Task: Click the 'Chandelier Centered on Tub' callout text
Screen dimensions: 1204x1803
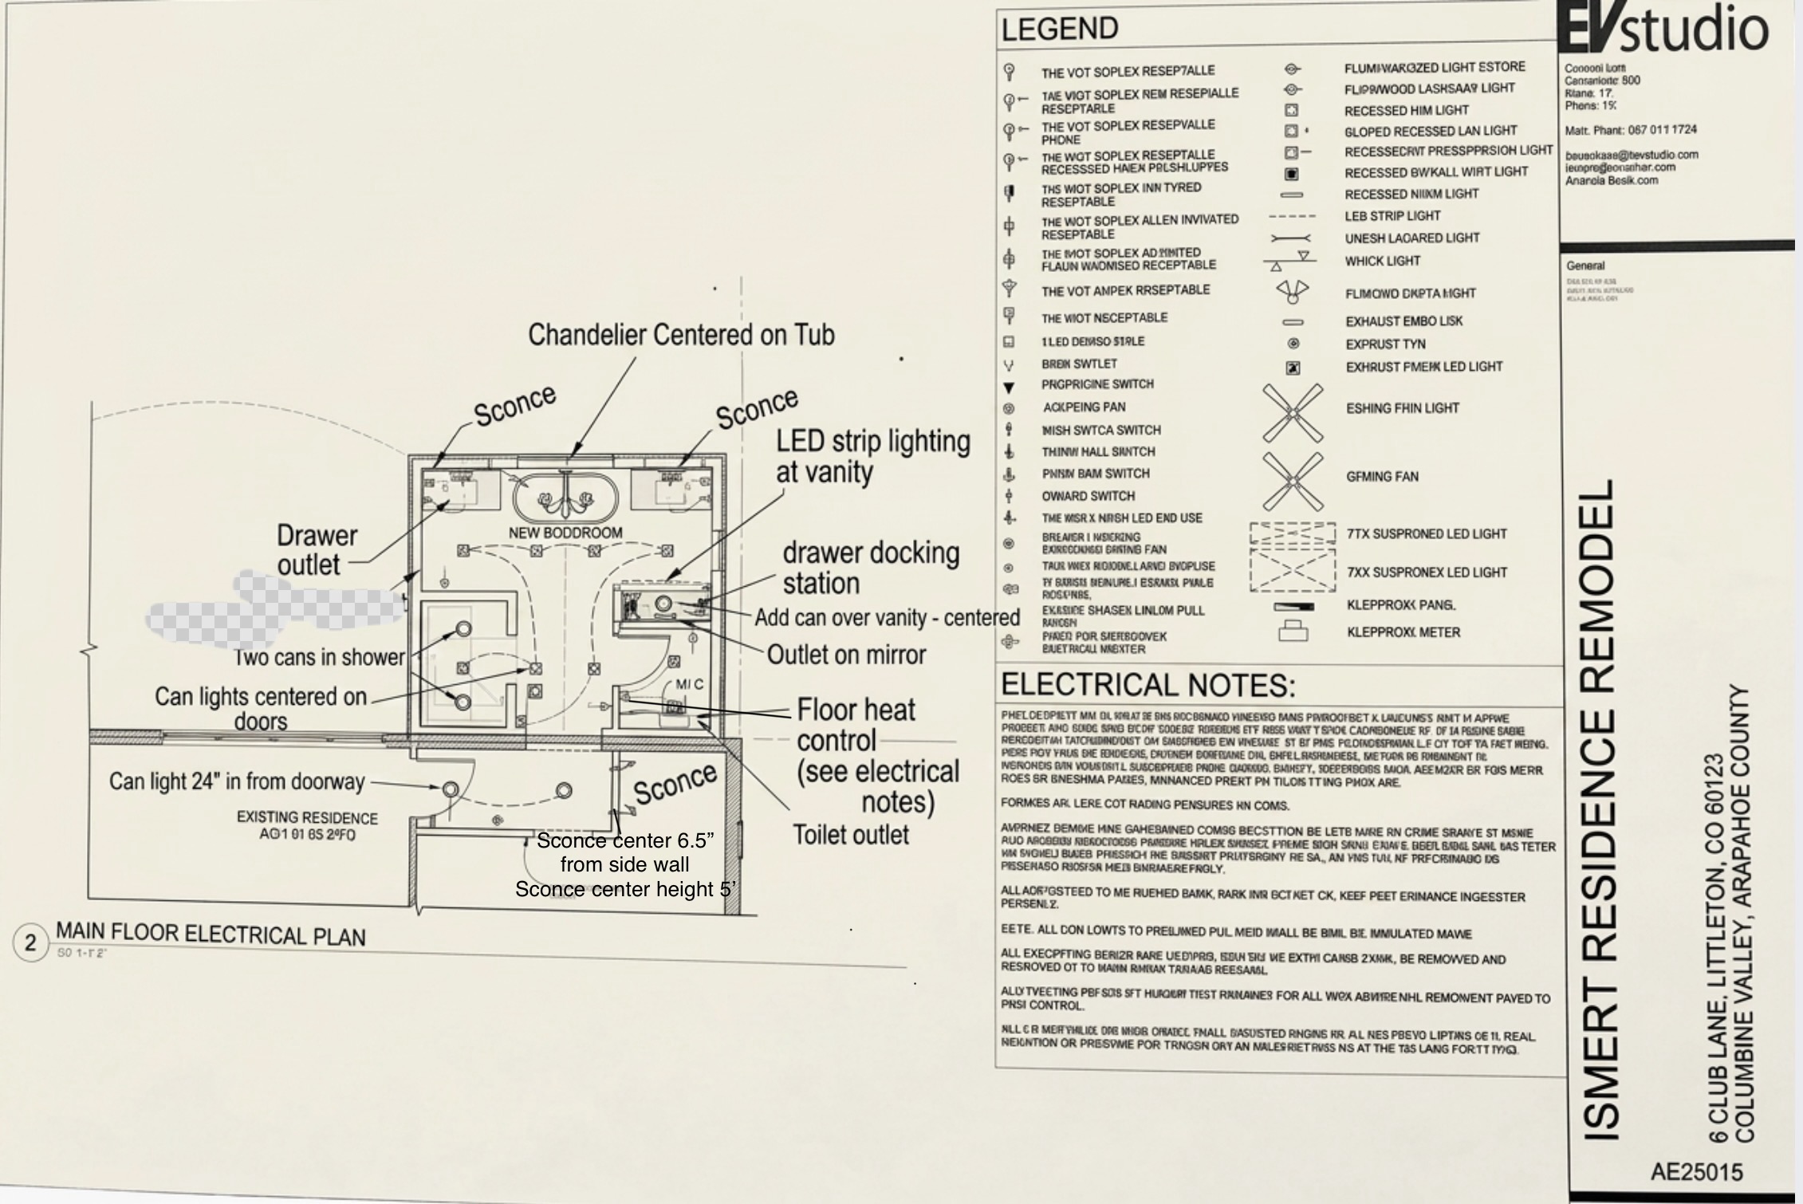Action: tap(681, 335)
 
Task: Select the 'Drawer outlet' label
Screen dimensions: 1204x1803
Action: tap(317, 549)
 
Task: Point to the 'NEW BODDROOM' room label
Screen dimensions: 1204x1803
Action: tap(565, 533)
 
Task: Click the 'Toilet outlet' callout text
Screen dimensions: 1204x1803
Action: tap(851, 835)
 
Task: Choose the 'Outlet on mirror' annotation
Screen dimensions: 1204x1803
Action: tap(846, 655)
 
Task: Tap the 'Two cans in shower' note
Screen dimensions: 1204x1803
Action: tap(320, 657)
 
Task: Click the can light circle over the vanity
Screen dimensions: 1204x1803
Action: tap(663, 604)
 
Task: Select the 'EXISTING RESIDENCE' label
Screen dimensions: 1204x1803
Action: tap(307, 818)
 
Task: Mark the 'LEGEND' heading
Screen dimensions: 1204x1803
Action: tap(1060, 30)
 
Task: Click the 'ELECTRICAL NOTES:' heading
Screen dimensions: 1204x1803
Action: tap(1148, 685)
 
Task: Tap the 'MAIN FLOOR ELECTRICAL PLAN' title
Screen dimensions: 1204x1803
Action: tap(211, 934)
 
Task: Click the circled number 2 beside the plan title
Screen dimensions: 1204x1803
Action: tap(30, 943)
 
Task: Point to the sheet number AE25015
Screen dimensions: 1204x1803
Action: tap(1696, 1171)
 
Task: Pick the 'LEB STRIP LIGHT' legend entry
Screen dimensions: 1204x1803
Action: tap(1392, 216)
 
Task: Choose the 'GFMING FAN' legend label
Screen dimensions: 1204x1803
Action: tap(1382, 477)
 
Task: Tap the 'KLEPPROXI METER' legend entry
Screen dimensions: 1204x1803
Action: tap(1403, 632)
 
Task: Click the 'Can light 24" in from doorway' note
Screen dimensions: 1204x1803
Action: tap(237, 781)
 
